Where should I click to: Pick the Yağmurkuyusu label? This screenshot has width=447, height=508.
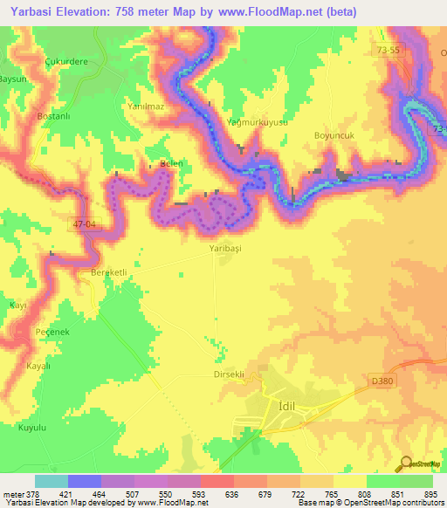257,123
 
